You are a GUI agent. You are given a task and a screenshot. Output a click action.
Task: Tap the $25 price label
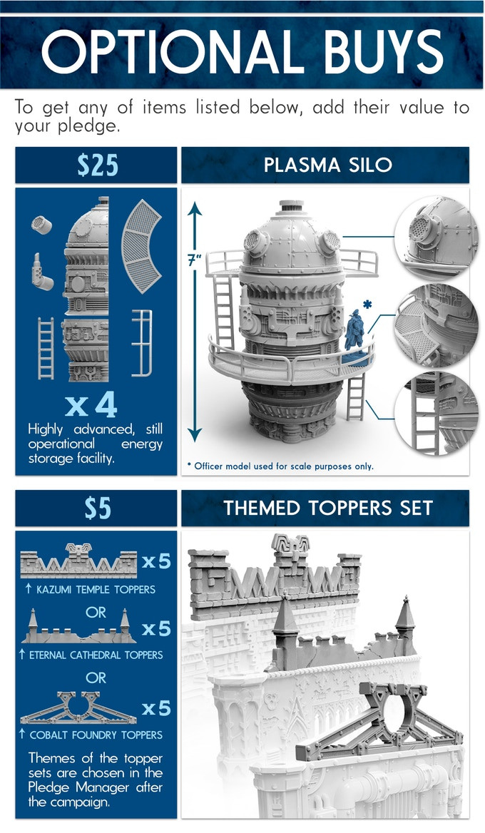(97, 165)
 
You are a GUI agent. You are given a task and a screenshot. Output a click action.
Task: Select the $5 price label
(98, 509)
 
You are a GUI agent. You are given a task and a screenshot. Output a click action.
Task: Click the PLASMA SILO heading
(328, 165)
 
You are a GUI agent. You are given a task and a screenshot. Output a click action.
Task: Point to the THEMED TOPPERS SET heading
(328, 508)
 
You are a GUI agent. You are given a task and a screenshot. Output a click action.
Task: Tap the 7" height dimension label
(195, 260)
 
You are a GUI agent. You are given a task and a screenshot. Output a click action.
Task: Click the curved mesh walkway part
(141, 246)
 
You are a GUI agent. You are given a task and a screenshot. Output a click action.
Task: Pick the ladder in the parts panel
(46, 348)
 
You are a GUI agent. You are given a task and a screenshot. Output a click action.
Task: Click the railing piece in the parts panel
(142, 343)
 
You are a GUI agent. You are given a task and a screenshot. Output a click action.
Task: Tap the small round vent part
(41, 225)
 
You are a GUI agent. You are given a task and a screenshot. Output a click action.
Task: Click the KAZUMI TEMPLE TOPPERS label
(96, 589)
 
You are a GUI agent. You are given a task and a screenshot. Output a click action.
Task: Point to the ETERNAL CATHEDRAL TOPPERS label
(96, 655)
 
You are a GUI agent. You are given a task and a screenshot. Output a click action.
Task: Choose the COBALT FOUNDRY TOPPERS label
(96, 735)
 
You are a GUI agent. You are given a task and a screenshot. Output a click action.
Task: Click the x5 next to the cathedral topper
(156, 629)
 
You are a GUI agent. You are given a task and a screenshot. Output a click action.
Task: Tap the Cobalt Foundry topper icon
(78, 707)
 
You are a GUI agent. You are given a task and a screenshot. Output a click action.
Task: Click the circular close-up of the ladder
(436, 413)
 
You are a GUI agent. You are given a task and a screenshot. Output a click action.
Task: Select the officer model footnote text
(280, 466)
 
